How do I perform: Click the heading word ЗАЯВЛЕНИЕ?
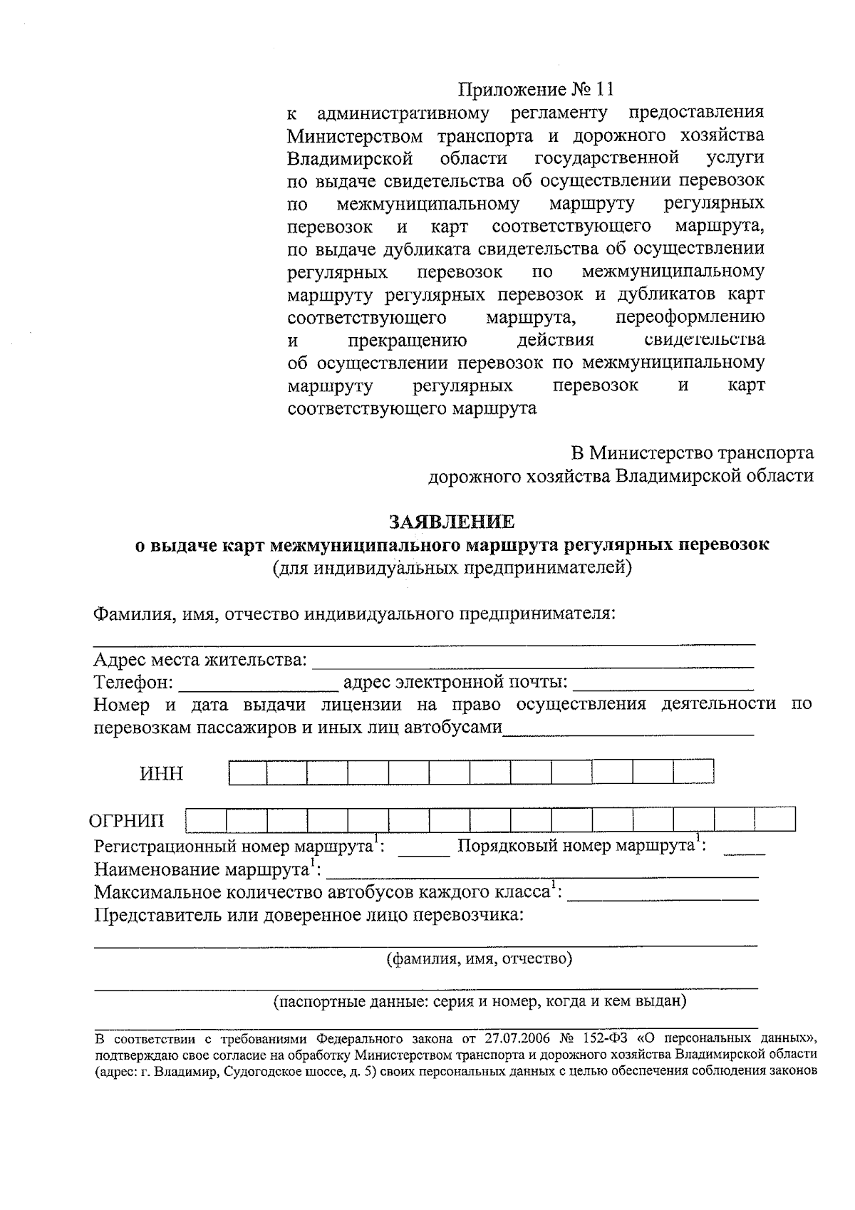click(x=451, y=522)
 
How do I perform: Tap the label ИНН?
click(x=161, y=774)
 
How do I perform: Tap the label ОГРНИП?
click(x=126, y=820)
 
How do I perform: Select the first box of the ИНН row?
click(x=247, y=772)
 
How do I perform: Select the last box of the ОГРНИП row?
click(x=775, y=819)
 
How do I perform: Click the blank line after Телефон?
click(x=258, y=684)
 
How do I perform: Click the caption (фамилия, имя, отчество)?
click(x=479, y=958)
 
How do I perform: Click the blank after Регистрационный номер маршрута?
click(x=423, y=848)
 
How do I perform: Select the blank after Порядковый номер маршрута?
click(x=747, y=848)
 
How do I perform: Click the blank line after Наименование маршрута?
click(x=541, y=871)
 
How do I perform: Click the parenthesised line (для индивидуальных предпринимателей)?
click(x=452, y=568)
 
